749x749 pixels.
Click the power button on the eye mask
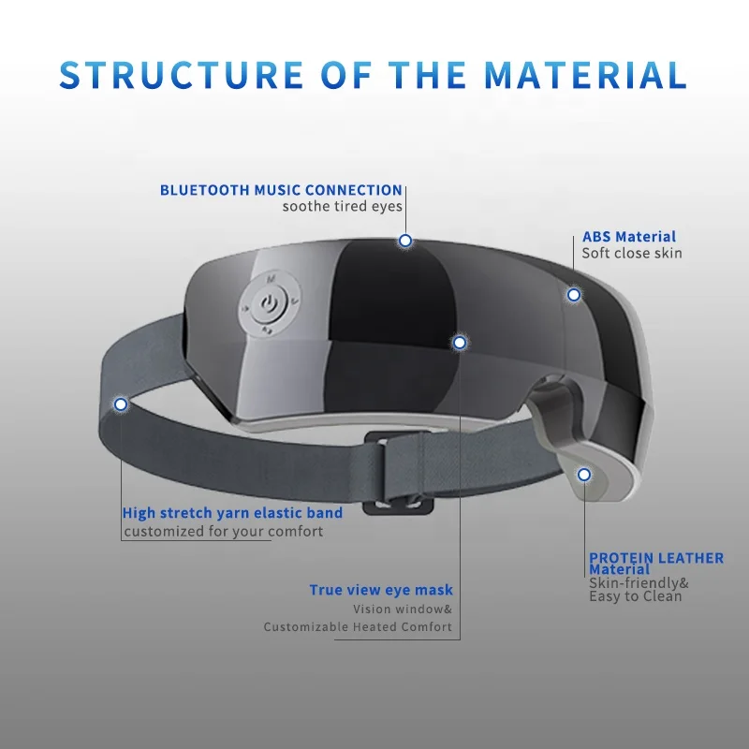coord(270,303)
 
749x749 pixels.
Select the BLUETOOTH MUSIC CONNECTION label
coord(281,190)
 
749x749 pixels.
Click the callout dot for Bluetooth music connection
coord(405,241)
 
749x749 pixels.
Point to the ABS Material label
coord(629,237)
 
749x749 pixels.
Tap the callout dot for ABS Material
coord(574,295)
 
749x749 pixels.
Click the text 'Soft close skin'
coord(632,253)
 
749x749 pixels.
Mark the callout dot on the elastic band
coord(120,404)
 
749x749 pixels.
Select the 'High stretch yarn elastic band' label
coord(232,513)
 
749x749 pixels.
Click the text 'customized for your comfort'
coord(224,531)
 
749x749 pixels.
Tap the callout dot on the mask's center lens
coord(459,343)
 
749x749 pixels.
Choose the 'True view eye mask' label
coord(381,590)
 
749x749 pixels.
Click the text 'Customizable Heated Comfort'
coord(358,626)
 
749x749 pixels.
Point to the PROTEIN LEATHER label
coord(655,558)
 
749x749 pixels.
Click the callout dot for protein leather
coord(584,475)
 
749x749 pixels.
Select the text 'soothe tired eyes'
coord(343,206)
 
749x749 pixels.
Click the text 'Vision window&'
coord(403,609)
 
